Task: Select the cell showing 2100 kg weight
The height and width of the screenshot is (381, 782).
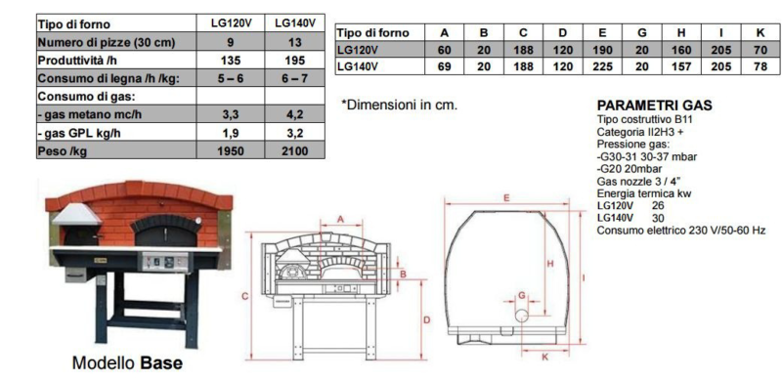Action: pos(294,150)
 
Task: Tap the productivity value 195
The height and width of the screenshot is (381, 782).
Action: pos(294,60)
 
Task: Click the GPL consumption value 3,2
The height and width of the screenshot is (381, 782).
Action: pos(294,132)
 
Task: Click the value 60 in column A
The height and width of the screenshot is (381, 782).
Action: pos(445,48)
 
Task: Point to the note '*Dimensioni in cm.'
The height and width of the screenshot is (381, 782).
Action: pos(399,105)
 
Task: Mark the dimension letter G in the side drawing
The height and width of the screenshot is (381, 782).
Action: pos(521,293)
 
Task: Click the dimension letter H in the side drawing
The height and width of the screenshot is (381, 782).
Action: pos(550,264)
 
